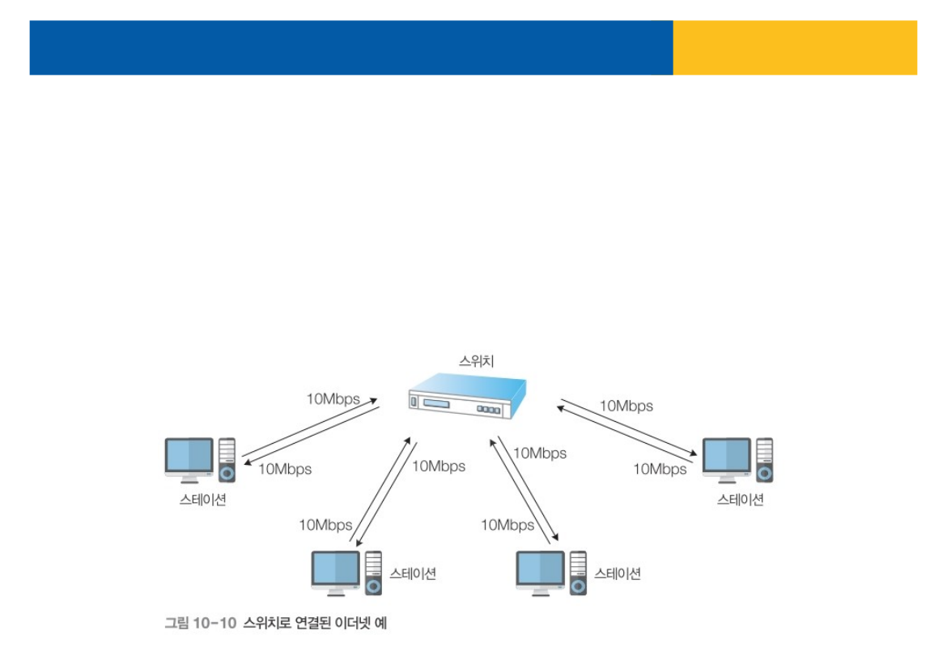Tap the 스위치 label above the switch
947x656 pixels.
pos(477,362)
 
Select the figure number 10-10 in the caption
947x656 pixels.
pos(214,623)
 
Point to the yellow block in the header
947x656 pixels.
pos(794,48)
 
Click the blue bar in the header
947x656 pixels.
pos(350,48)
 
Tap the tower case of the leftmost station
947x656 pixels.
pos(227,460)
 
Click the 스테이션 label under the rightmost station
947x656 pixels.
pos(740,500)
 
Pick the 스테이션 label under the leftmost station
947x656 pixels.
pos(202,500)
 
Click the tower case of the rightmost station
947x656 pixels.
pos(764,460)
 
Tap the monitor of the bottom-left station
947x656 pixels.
pos(336,571)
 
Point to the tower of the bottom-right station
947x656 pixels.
pos(578,573)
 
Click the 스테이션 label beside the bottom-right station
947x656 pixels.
pos(618,573)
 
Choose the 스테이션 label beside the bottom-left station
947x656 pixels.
pos(413,573)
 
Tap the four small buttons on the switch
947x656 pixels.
pos(488,410)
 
